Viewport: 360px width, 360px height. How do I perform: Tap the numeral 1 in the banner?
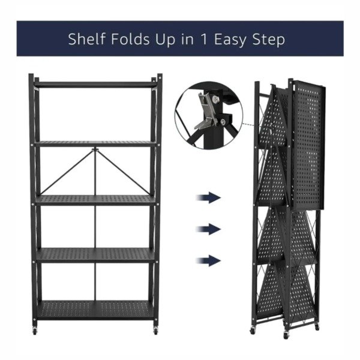coord(204,39)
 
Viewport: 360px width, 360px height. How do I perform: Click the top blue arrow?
coord(208,197)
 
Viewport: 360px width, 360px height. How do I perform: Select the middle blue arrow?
coord(208,229)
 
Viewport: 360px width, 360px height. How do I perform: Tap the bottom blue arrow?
coord(208,260)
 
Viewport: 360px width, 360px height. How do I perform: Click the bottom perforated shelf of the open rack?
coord(95,310)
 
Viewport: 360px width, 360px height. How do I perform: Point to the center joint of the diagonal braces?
coord(95,150)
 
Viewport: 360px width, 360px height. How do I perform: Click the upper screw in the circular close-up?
coord(215,100)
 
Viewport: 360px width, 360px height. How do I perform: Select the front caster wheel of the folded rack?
coord(286,335)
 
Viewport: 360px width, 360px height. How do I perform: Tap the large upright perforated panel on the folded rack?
coord(308,145)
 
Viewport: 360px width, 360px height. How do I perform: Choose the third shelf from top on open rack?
coord(95,200)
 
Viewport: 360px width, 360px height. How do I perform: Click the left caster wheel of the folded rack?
coord(253,331)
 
